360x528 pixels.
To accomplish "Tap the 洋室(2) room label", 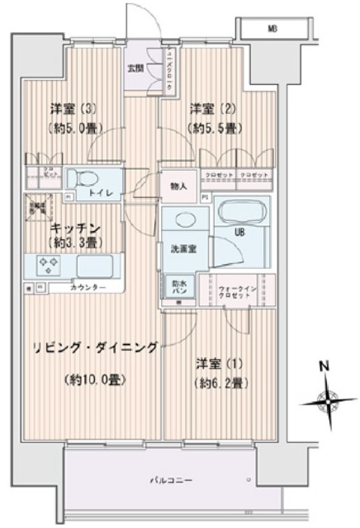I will [209, 109].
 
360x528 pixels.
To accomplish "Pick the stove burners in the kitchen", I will [46, 266].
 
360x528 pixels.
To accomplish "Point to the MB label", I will [272, 29].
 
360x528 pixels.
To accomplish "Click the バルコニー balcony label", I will [172, 478].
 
